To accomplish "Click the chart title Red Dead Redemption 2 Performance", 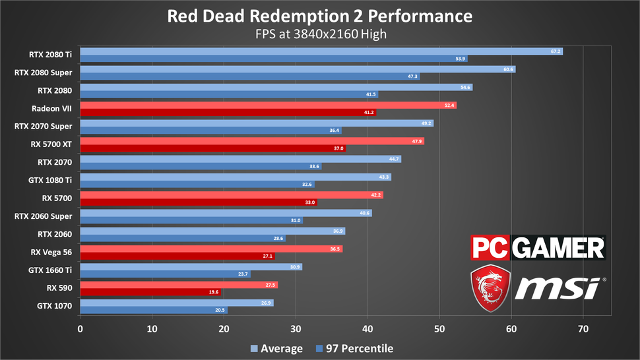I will (x=319, y=16).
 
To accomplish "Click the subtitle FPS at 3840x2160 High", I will (x=319, y=34).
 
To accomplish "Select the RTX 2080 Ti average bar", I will (x=321, y=51).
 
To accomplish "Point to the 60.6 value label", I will (x=507, y=69).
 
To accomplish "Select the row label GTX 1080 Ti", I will (x=51, y=178).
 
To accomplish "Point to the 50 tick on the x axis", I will (x=439, y=328).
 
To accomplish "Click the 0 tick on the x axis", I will (x=80, y=328).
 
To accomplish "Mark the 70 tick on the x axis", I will (x=583, y=328).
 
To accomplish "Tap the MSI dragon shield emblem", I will (x=490, y=289).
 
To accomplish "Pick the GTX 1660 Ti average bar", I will (x=191, y=267).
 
